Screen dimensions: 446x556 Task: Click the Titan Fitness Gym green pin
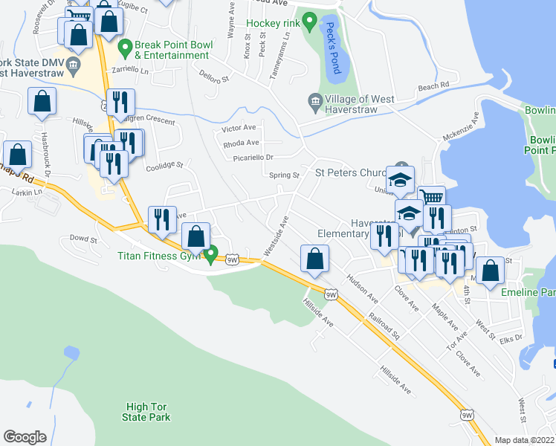pyautogui.click(x=212, y=255)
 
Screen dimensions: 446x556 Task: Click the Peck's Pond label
pyautogui.click(x=332, y=48)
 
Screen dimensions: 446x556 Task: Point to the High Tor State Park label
pyautogui.click(x=146, y=412)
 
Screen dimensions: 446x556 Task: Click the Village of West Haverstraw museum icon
pyautogui.click(x=314, y=100)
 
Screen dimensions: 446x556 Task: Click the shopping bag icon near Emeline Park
pyautogui.click(x=490, y=272)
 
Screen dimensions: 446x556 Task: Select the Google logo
pyautogui.click(x=25, y=437)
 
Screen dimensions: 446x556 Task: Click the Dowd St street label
pyautogui.click(x=83, y=239)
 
